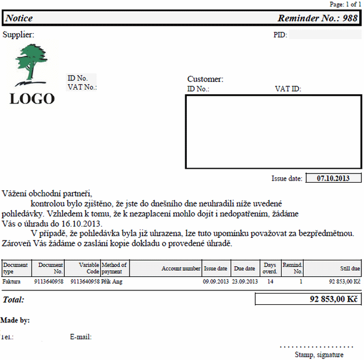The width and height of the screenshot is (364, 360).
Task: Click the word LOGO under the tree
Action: tap(32, 99)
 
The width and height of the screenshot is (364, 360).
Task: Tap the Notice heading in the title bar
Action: tap(19, 18)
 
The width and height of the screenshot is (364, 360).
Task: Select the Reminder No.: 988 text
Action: tap(317, 18)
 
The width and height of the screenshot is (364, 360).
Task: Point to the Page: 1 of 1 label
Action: tap(345, 4)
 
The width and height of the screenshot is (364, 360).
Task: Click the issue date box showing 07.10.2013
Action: tap(333, 178)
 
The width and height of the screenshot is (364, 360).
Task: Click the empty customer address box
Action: tap(274, 132)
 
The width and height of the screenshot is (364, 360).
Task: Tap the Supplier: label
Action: tap(19, 35)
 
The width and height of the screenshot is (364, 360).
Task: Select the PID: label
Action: tap(280, 35)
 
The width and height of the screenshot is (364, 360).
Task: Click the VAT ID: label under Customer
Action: tap(288, 89)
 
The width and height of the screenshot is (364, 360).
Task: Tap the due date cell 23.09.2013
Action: tap(245, 281)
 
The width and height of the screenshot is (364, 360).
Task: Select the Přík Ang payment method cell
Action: tap(112, 281)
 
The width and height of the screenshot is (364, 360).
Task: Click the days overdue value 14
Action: tap(270, 281)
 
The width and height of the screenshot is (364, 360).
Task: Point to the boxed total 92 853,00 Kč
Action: tap(308, 299)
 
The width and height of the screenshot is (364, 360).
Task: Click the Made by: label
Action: tap(15, 320)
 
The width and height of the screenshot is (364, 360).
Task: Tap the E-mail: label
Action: tap(81, 337)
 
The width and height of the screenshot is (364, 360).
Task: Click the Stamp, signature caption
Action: tap(318, 355)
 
